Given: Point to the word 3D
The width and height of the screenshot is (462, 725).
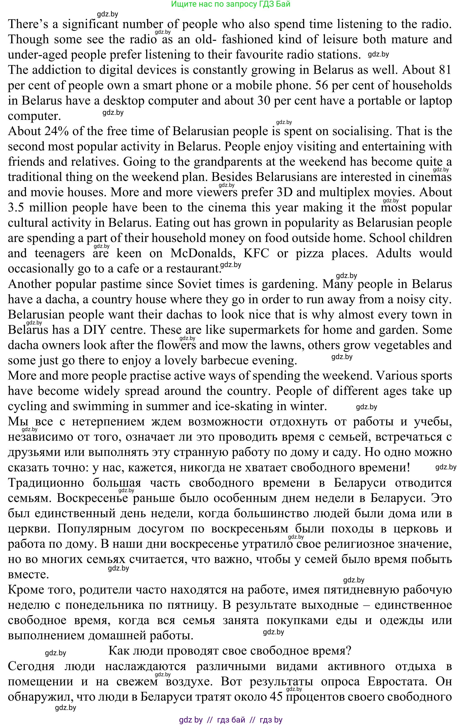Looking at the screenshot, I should (285, 192).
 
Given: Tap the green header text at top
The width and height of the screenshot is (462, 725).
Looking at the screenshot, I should (231, 4).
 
